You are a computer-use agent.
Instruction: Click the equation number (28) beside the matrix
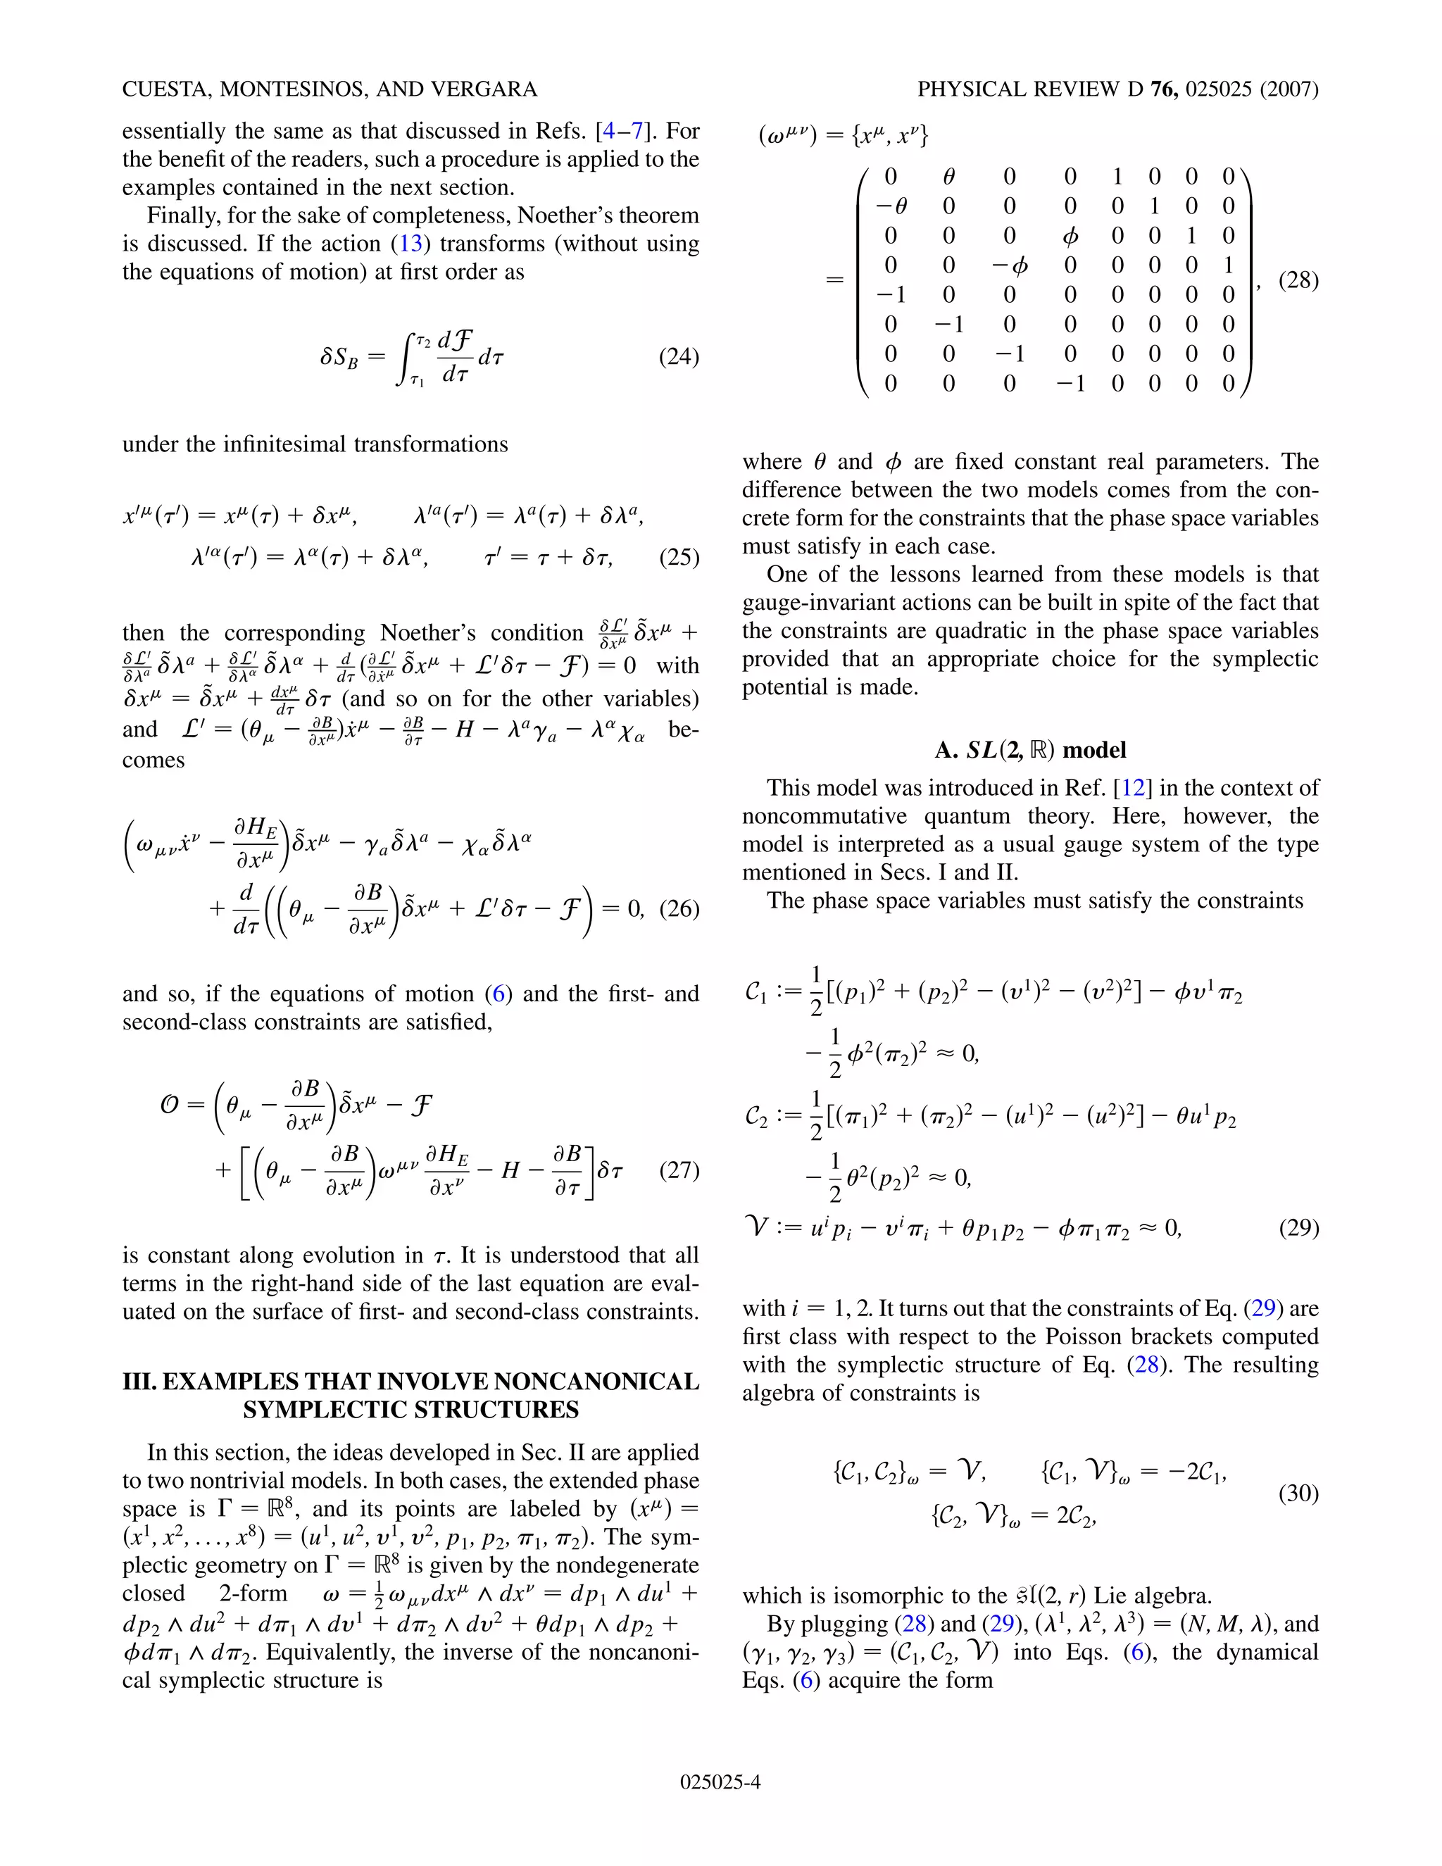tap(1298, 280)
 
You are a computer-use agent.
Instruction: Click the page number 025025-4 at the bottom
tap(720, 1782)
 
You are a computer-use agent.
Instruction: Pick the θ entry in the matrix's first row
tap(948, 177)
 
